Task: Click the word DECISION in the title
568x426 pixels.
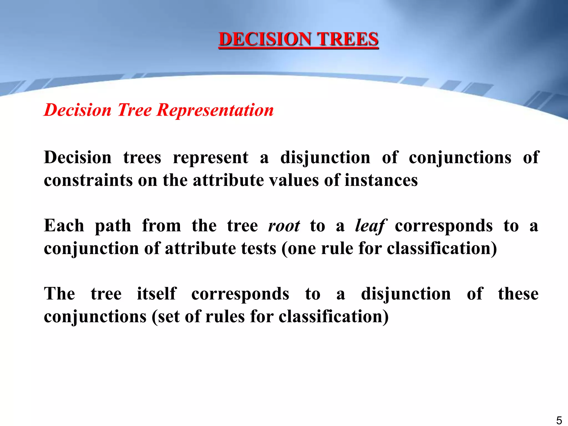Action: [x=265, y=39]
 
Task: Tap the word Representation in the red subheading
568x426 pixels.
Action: [x=215, y=110]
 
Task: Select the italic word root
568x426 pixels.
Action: [x=284, y=226]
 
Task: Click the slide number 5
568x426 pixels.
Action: [x=559, y=420]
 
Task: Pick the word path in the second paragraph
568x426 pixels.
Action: [x=113, y=226]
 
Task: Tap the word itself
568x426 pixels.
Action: [x=157, y=294]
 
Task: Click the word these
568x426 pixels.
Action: [x=518, y=294]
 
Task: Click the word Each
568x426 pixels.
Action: [x=64, y=226]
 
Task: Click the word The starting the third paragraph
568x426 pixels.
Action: [x=60, y=294]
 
